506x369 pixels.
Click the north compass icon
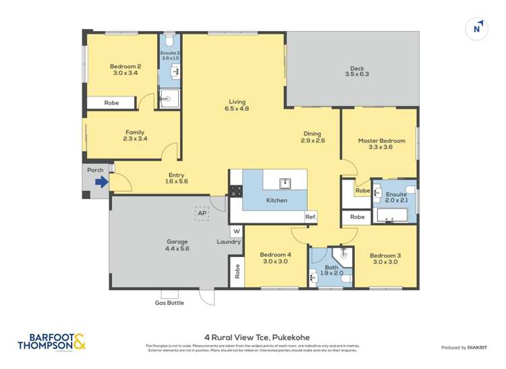click(x=477, y=28)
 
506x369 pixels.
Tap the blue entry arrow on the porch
click(x=101, y=181)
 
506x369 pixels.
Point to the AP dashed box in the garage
click(x=202, y=213)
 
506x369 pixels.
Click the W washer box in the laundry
click(x=236, y=231)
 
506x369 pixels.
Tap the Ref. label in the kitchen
click(x=310, y=217)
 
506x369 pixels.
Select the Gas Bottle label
click(x=169, y=303)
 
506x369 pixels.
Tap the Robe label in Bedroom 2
click(x=111, y=103)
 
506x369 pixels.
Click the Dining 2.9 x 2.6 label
click(x=312, y=137)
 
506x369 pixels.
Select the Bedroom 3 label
click(x=385, y=259)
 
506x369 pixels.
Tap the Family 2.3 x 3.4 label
click(x=135, y=136)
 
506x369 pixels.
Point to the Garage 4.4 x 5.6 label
click(x=177, y=245)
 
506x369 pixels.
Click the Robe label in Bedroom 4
click(x=237, y=271)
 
